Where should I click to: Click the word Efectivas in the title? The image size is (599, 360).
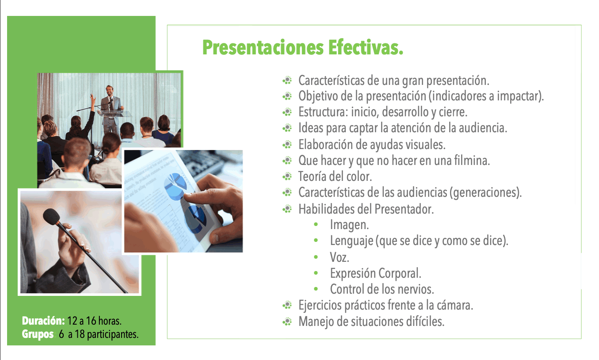pyautogui.click(x=366, y=48)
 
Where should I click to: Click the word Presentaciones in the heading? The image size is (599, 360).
pyautogui.click(x=263, y=48)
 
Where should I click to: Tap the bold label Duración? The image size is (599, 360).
pyautogui.click(x=43, y=321)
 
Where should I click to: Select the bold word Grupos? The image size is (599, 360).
pyautogui.click(x=38, y=334)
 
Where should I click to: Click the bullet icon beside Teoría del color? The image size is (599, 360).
pyautogui.click(x=287, y=176)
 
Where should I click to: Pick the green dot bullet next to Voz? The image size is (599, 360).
pyautogui.click(x=316, y=257)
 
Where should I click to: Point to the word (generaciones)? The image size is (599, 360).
pyautogui.click(x=485, y=192)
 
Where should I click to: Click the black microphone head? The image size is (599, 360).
pyautogui.click(x=51, y=216)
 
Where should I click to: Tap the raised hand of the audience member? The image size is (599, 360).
pyautogui.click(x=93, y=98)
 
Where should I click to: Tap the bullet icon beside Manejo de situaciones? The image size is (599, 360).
pyautogui.click(x=287, y=322)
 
